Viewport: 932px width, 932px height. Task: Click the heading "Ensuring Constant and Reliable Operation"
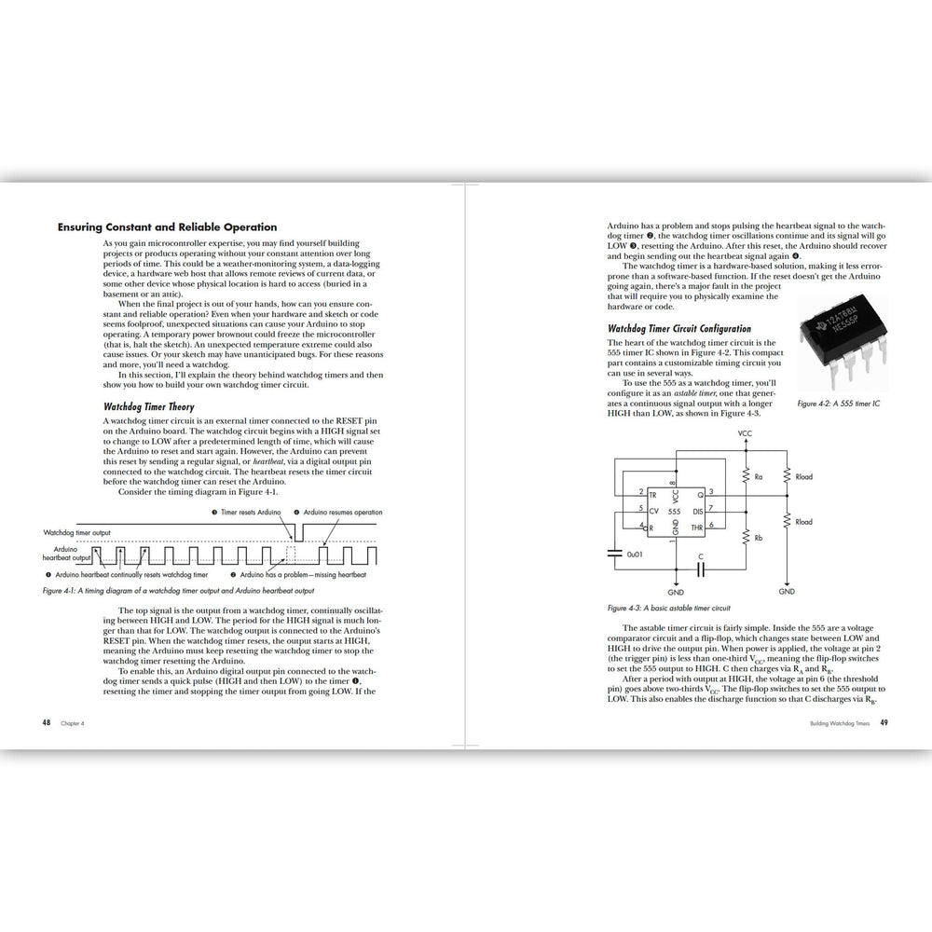[x=167, y=226]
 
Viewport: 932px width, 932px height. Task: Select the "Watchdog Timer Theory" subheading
[x=149, y=407]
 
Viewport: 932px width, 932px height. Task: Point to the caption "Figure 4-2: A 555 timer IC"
[x=838, y=404]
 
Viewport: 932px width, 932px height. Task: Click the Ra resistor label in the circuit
[x=759, y=477]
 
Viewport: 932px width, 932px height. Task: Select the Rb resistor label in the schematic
[x=759, y=538]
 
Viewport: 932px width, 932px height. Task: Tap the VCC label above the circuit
[x=745, y=434]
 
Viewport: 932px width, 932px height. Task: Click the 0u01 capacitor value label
[x=635, y=554]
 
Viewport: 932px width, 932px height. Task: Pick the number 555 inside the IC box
[x=674, y=512]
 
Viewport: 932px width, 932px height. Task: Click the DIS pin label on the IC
[x=696, y=512]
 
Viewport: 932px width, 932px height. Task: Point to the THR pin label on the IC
[x=696, y=528]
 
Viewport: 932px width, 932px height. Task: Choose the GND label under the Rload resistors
[x=787, y=591]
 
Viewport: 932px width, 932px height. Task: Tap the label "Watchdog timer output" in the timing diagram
[x=77, y=532]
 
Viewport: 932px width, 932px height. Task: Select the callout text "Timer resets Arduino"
[x=250, y=513]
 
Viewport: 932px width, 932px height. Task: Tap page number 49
[x=884, y=722]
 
